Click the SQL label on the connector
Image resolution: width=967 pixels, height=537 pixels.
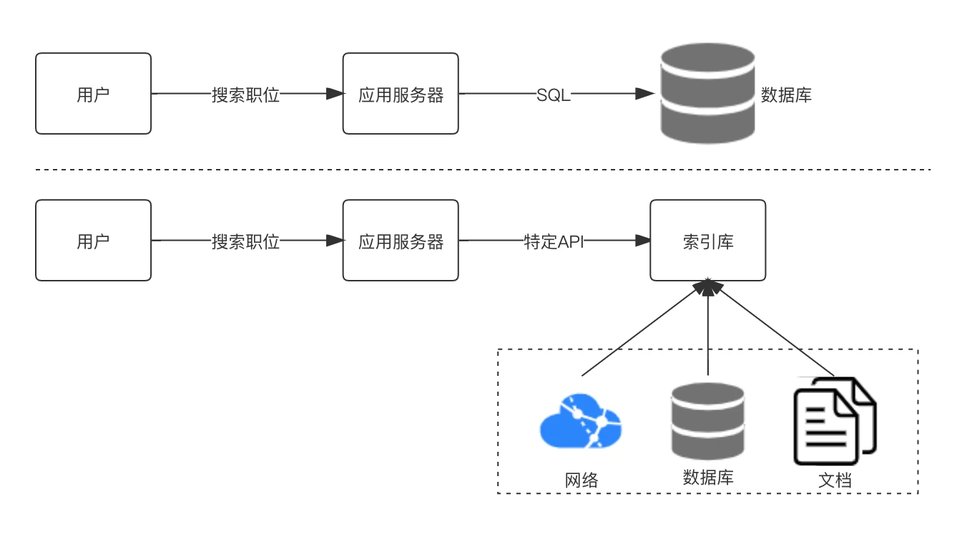554,95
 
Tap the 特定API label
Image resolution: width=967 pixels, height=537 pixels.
556,242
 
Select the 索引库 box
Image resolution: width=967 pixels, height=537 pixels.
707,241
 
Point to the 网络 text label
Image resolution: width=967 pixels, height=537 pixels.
581,480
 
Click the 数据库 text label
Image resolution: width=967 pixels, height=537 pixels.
707,477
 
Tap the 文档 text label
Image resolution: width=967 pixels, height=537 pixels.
835,479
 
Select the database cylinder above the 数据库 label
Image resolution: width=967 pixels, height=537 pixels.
707,422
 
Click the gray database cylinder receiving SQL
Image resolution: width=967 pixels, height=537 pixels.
707,94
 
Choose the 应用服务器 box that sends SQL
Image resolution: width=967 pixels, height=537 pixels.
401,94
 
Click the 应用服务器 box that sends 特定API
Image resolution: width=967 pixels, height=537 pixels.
401,241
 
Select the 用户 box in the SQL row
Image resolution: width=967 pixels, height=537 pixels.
93,94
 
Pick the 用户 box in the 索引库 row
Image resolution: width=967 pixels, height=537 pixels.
93,241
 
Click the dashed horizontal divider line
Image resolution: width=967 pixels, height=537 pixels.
483,170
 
